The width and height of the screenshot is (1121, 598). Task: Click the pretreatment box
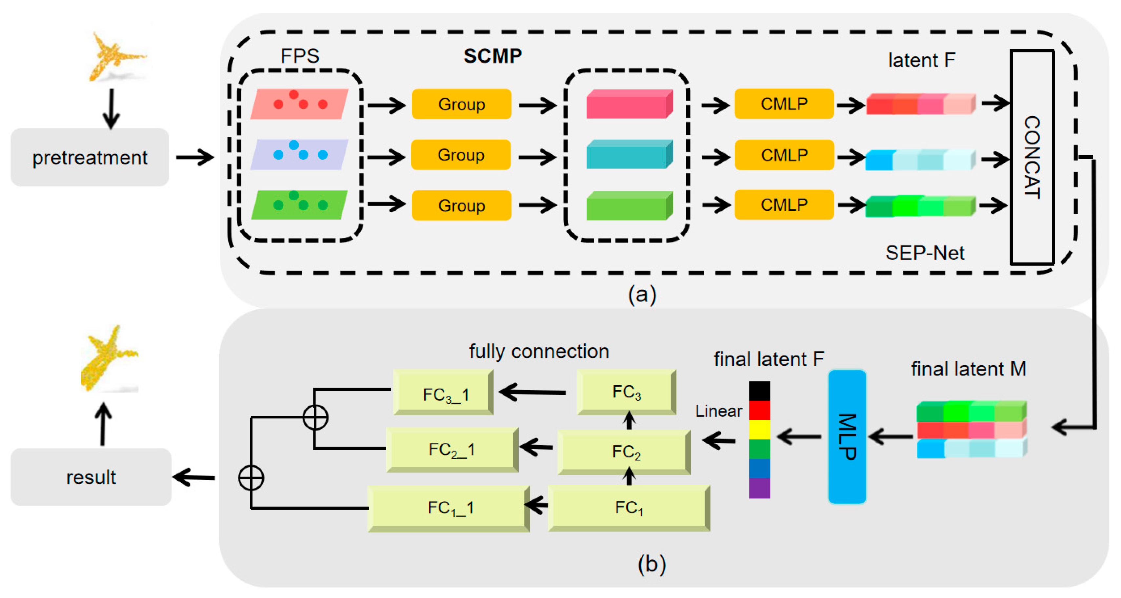click(x=90, y=157)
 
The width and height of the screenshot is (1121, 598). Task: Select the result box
click(x=90, y=477)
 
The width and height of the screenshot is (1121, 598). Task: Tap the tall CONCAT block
click(x=1032, y=157)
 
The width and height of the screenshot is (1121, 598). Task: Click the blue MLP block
click(x=847, y=437)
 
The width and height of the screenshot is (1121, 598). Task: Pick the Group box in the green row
click(x=461, y=205)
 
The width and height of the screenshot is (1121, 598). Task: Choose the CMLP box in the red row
click(x=784, y=104)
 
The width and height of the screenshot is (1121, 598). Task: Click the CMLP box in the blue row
click(x=784, y=155)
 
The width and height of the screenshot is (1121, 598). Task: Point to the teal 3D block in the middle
click(x=629, y=154)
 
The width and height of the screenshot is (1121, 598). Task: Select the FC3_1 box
click(x=443, y=393)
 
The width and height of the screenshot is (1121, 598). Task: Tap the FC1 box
click(x=629, y=508)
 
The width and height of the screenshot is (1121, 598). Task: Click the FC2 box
click(x=624, y=452)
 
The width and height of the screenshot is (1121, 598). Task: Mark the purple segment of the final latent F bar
click(x=759, y=488)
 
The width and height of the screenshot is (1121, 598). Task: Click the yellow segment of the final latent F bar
click(x=759, y=429)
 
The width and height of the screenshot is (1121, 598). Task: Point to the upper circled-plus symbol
click(x=315, y=417)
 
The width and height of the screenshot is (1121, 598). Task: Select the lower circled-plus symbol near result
click(x=251, y=477)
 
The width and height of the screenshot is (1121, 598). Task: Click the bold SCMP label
click(x=492, y=56)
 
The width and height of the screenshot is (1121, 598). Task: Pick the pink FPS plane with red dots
click(x=299, y=104)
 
